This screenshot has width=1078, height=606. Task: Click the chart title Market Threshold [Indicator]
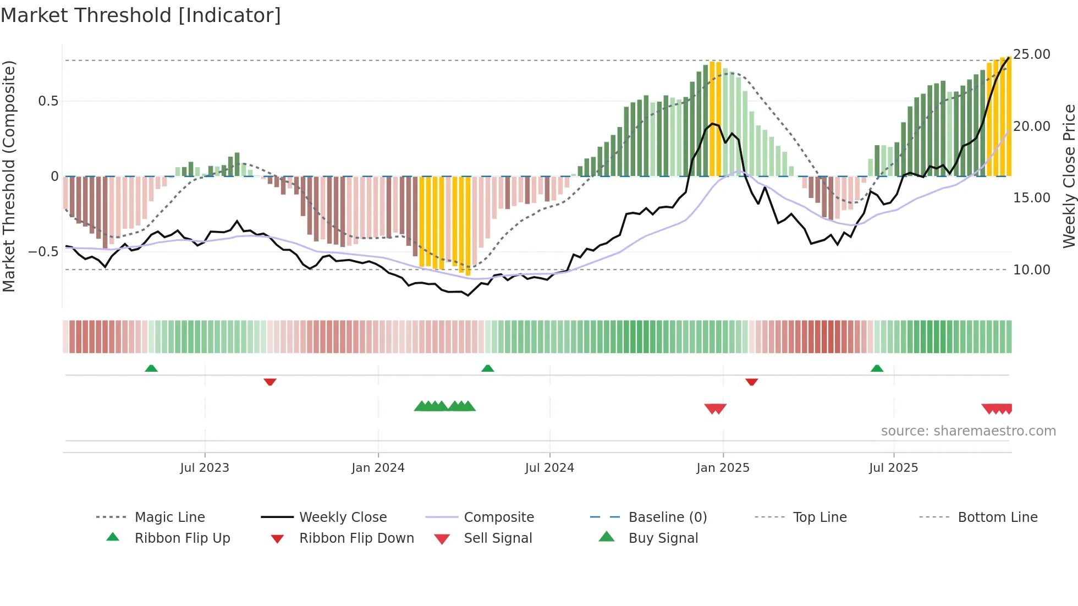click(141, 15)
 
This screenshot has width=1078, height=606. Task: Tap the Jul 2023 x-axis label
click(205, 468)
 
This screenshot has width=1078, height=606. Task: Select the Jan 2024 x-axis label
click(378, 468)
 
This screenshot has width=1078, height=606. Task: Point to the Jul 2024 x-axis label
click(549, 468)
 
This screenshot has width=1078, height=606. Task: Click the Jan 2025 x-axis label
click(723, 468)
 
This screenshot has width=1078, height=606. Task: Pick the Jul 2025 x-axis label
click(894, 468)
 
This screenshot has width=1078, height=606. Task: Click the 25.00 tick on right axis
click(1032, 54)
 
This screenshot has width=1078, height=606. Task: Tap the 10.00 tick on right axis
click(1032, 270)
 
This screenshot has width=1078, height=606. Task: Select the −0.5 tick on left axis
click(43, 252)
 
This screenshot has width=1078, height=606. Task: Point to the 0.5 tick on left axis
click(48, 101)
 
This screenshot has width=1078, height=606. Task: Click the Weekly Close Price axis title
click(1069, 176)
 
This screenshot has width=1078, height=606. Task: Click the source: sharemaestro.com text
click(968, 431)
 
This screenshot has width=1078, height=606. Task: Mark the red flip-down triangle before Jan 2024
click(269, 382)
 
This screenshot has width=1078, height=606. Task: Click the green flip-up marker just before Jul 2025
click(877, 368)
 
